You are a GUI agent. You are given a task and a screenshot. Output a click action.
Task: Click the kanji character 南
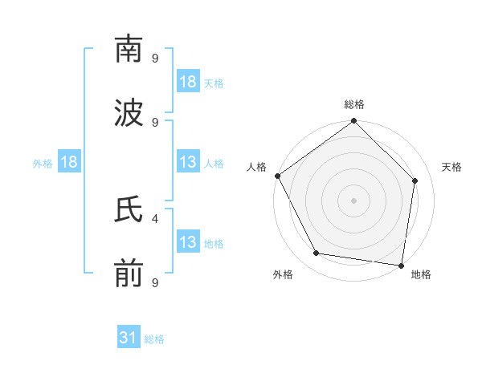129,49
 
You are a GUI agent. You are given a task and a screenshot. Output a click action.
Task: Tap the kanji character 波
129,113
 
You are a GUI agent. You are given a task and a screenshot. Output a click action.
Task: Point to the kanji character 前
129,274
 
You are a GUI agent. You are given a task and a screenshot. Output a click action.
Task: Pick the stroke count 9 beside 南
155,58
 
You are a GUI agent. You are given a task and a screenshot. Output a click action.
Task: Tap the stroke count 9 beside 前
155,282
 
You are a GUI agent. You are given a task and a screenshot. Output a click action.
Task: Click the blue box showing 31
129,338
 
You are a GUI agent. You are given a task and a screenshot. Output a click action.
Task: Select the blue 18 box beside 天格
188,82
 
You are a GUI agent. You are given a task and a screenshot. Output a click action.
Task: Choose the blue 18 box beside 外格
69,163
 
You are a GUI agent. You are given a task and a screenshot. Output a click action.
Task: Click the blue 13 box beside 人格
188,163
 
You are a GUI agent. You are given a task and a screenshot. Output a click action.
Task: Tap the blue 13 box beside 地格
188,243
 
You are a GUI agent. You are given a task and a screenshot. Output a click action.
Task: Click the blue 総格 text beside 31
154,339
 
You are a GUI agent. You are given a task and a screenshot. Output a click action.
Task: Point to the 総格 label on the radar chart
354,104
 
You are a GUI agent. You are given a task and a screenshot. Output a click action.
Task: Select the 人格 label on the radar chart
257,167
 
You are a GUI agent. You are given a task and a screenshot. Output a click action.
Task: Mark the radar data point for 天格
415,180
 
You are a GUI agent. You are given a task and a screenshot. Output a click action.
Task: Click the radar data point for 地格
402,265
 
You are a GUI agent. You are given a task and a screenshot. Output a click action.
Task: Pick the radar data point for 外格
317,253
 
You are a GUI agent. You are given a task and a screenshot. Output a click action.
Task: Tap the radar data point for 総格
354,122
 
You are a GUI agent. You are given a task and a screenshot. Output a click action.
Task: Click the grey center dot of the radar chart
354,200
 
